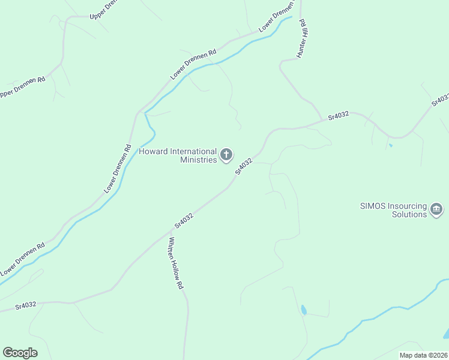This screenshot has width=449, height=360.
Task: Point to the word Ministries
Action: click(199, 160)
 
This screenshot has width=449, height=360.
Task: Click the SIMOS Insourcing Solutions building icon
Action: click(436, 209)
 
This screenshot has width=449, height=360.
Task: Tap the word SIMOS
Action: click(373, 205)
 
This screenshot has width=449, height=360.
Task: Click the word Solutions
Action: click(409, 214)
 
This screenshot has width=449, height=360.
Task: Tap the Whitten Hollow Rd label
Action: click(175, 263)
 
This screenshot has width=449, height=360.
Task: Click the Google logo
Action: click(20, 353)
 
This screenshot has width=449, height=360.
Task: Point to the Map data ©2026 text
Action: click(423, 355)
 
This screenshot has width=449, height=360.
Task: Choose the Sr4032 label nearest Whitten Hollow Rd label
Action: click(184, 220)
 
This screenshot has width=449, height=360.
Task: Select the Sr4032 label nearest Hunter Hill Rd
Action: click(339, 116)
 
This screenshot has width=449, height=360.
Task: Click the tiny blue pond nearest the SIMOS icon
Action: click(390, 145)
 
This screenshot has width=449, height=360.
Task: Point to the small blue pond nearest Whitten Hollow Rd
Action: click(304, 310)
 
